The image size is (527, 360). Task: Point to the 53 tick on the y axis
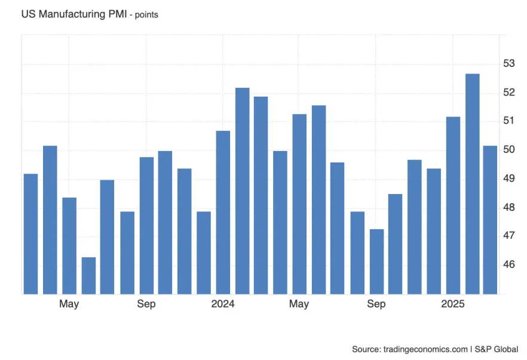tap(508, 64)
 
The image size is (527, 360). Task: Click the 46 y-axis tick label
tap(508, 264)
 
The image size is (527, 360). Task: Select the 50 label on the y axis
tap(508, 150)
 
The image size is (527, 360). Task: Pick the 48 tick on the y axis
tap(508, 207)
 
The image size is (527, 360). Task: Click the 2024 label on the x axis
tap(223, 304)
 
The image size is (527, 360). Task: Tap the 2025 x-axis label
tap(453, 304)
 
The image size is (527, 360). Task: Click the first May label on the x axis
tap(69, 304)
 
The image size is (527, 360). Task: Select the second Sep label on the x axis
tap(376, 304)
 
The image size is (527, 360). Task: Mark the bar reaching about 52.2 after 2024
tap(242, 191)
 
